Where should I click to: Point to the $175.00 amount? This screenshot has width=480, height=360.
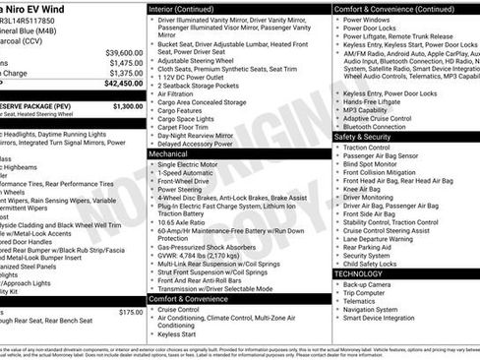click(x=130, y=312)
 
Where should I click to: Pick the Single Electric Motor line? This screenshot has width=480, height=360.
click(x=194, y=163)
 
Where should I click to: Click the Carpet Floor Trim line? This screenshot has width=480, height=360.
click(x=187, y=126)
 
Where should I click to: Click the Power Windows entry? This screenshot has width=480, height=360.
click(x=369, y=19)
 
